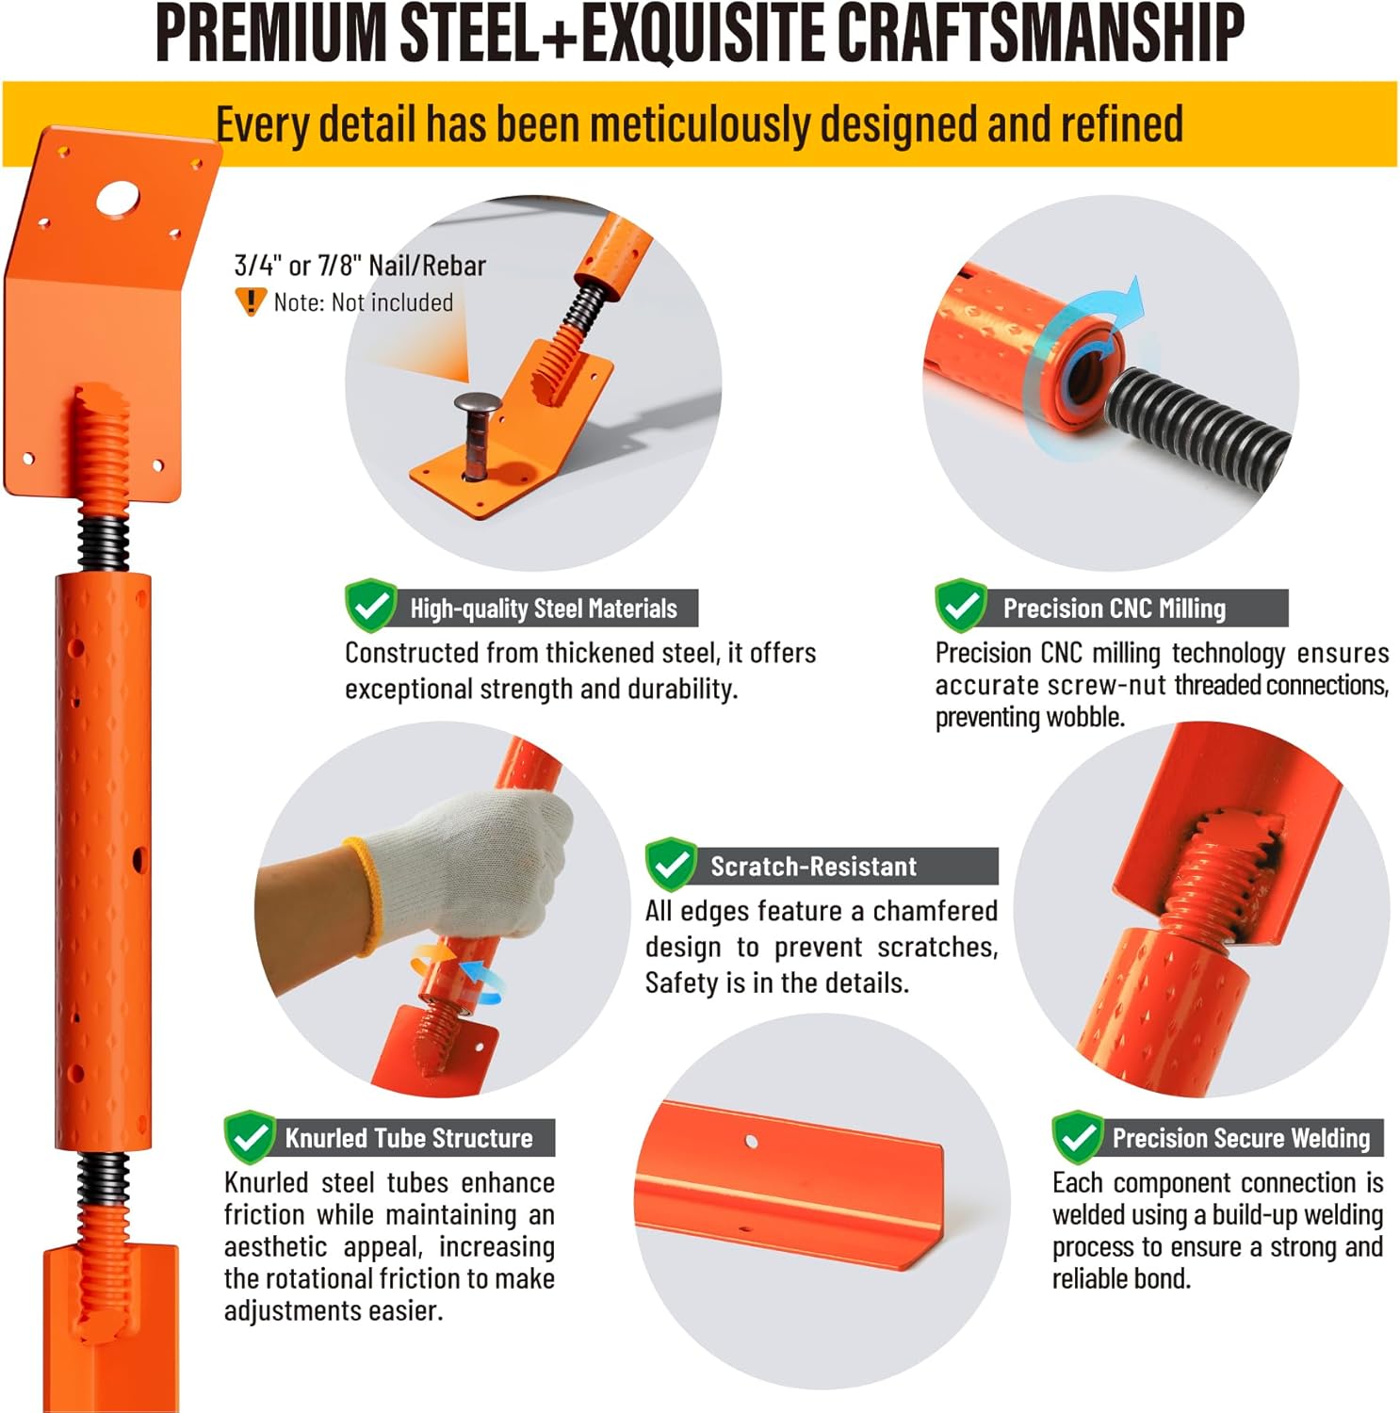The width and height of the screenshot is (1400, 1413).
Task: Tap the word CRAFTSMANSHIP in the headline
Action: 1040,34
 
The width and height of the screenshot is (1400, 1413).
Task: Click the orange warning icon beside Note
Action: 250,301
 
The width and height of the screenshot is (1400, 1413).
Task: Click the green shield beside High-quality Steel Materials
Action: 370,606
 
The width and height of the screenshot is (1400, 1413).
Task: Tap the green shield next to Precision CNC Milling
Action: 960,606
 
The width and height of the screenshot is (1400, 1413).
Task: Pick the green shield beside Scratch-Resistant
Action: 671,864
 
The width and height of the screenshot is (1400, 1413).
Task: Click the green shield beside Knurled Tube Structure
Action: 250,1137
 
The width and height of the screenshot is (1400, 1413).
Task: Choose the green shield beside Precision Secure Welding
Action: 1077,1137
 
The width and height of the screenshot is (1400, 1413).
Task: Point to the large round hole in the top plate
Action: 118,198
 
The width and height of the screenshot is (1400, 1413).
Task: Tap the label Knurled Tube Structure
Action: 409,1138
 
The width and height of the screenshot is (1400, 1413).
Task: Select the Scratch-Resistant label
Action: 813,867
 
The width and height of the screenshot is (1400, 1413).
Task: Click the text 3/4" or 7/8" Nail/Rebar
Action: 360,266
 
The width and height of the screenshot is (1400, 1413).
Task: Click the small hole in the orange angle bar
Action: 751,1142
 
